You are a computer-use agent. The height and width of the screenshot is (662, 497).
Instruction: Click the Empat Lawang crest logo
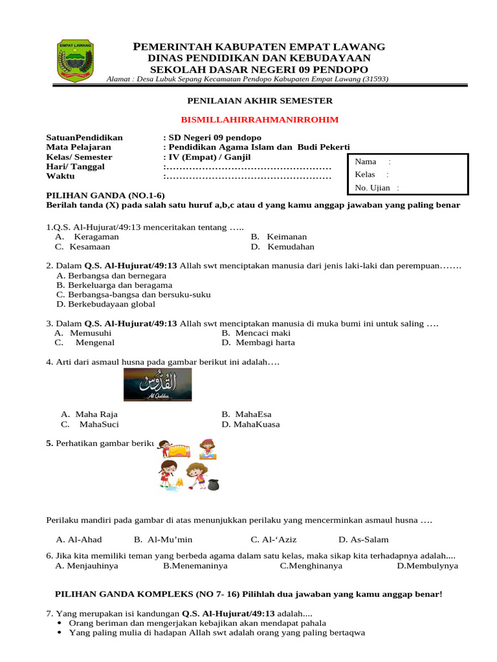(76, 59)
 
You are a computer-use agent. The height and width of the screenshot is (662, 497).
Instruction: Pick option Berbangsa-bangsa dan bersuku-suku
(133, 294)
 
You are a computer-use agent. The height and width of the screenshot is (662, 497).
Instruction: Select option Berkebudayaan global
(106, 304)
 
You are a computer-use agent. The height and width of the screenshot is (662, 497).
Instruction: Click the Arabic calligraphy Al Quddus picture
(158, 385)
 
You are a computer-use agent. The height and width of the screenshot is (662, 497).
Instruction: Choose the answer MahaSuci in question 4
(98, 425)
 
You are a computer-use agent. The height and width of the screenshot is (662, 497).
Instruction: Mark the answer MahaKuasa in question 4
(255, 425)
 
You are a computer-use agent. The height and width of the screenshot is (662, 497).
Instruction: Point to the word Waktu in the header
(60, 176)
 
